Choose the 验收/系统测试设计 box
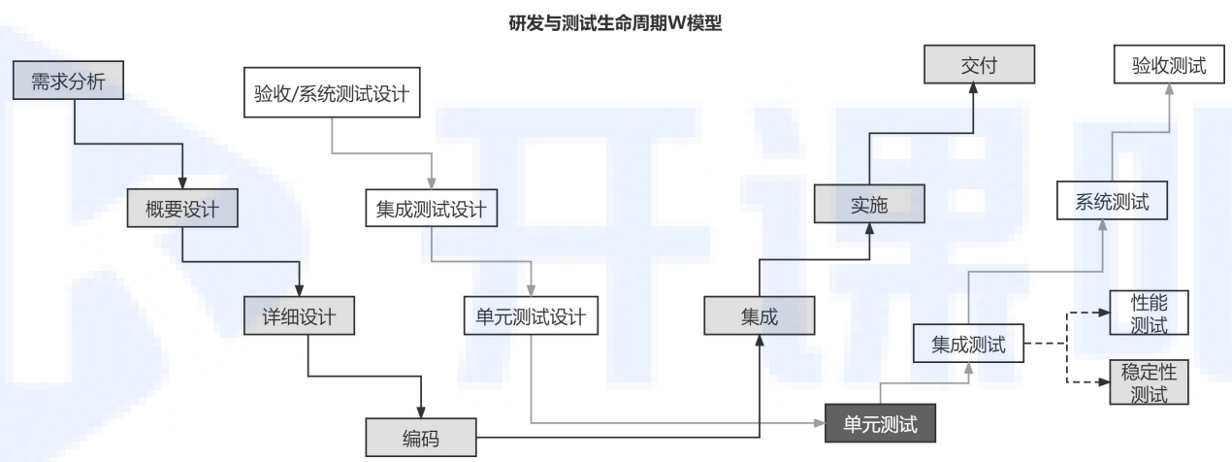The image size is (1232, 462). tap(333, 95)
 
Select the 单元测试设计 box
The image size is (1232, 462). tap(532, 316)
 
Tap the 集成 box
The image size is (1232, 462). tap(758, 316)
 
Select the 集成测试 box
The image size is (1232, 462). tap(969, 345)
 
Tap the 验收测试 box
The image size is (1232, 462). tap(1169, 67)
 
